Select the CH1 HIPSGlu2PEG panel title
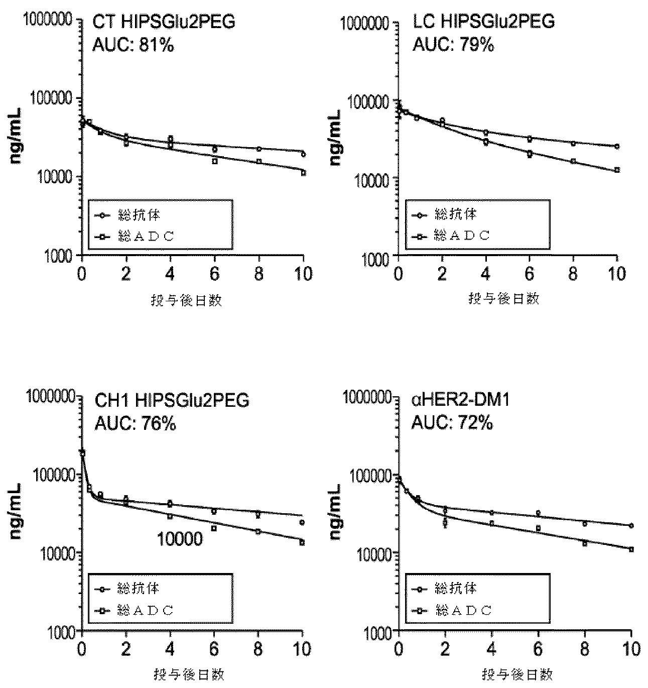click(x=172, y=401)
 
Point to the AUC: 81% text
click(x=133, y=46)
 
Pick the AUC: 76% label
click(x=135, y=424)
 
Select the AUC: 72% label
click(x=452, y=423)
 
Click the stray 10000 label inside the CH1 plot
click(x=180, y=539)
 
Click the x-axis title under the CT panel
click(x=186, y=300)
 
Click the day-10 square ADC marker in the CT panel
click(x=303, y=173)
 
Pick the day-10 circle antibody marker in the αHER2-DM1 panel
click(x=631, y=525)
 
